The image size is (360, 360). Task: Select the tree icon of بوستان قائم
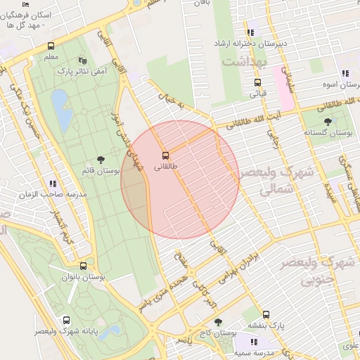(x=102, y=160)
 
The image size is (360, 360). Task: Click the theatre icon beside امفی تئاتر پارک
(x=84, y=60)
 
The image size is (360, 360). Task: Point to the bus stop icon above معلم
(x=51, y=45)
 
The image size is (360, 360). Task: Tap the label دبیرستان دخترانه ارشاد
(x=252, y=44)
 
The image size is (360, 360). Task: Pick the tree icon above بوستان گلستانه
(x=328, y=122)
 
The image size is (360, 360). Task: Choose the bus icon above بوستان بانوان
(x=84, y=266)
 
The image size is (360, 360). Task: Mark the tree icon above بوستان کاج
(x=218, y=322)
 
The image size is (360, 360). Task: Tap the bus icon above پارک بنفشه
(x=266, y=314)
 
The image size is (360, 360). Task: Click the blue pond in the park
(x=61, y=110)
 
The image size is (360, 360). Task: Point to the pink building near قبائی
(x=283, y=88)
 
